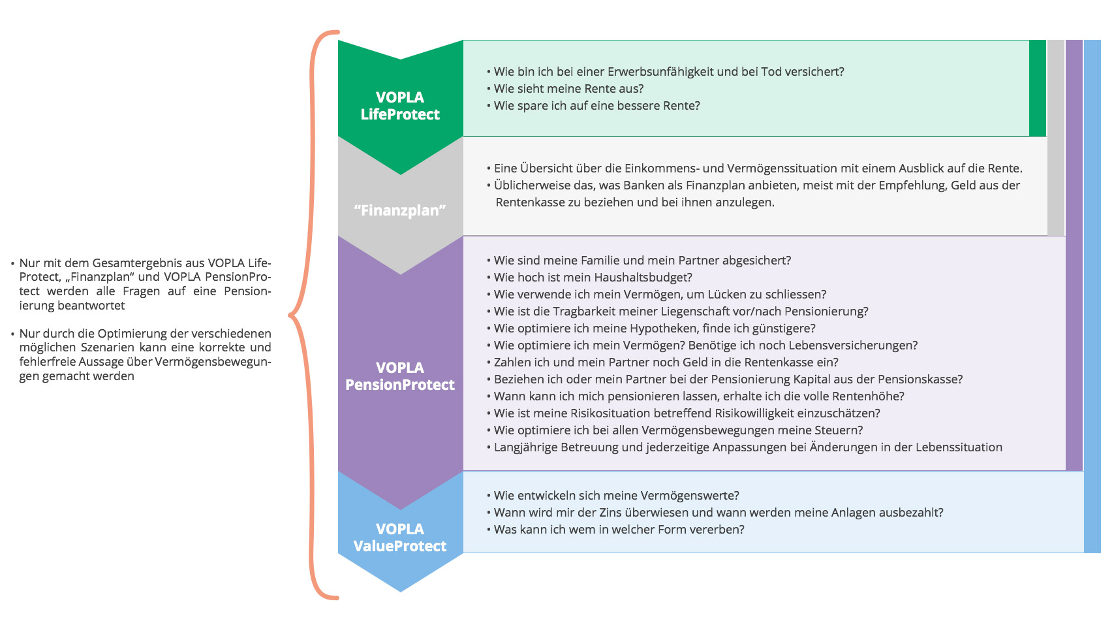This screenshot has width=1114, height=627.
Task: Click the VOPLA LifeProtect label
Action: coord(400,106)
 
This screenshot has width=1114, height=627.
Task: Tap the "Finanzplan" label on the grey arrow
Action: coord(400,210)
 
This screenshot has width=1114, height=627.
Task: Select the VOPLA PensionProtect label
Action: coord(400,376)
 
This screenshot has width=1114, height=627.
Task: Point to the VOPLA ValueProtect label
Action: coord(400,538)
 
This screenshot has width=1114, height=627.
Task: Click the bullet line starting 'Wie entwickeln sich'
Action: coord(613,496)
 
